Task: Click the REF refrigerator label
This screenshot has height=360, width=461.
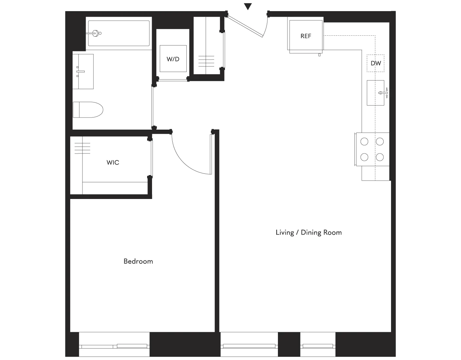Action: point(306,36)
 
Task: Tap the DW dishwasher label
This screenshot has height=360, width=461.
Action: point(376,63)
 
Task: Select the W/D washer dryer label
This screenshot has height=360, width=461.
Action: point(173,59)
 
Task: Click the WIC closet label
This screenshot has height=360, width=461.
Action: point(113,162)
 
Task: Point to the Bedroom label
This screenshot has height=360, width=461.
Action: point(138,261)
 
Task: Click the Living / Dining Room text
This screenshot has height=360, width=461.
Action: point(309,232)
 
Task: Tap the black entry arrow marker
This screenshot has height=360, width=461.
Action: point(248,7)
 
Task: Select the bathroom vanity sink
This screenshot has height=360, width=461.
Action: point(83,71)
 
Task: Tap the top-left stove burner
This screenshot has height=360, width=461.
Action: point(364,142)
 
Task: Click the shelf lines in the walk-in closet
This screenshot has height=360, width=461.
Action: point(82,148)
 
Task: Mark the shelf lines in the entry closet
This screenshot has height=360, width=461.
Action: point(206,61)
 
